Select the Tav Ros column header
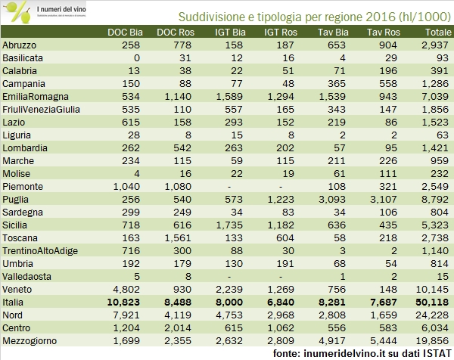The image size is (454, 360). point(384,33)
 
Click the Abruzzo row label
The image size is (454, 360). point(20,45)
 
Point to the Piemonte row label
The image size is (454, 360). point(23,185)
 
